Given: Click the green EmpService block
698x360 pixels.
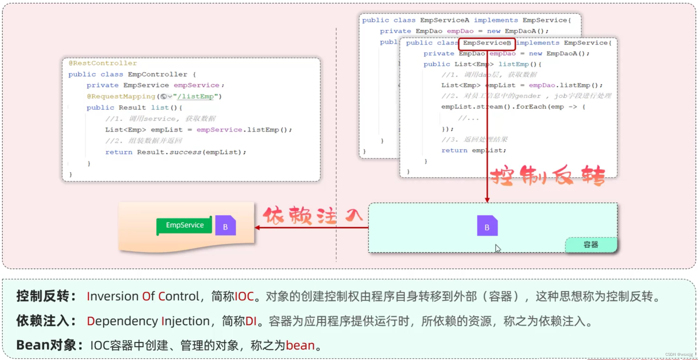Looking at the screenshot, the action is [184, 225].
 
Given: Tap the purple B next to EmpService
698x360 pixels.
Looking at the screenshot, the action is [225, 226].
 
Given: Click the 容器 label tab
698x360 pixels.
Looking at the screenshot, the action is [591, 245].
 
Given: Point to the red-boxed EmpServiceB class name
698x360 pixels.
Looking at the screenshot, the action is [487, 43].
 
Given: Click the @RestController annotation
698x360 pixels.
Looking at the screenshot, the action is [103, 63].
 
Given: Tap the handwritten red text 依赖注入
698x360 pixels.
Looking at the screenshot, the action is [312, 215].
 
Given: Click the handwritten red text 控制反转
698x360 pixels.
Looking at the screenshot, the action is [547, 176].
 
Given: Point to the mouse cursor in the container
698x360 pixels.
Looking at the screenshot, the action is [497, 248].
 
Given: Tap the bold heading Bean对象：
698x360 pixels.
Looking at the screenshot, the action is [49, 345].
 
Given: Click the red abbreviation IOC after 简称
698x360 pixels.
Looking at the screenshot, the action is [244, 297].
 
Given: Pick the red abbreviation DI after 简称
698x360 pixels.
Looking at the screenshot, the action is [251, 321].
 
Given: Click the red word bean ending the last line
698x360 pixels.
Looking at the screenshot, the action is [300, 346].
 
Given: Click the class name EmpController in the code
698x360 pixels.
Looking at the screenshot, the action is [157, 74].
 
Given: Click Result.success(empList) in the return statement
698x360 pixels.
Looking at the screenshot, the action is [191, 152].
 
